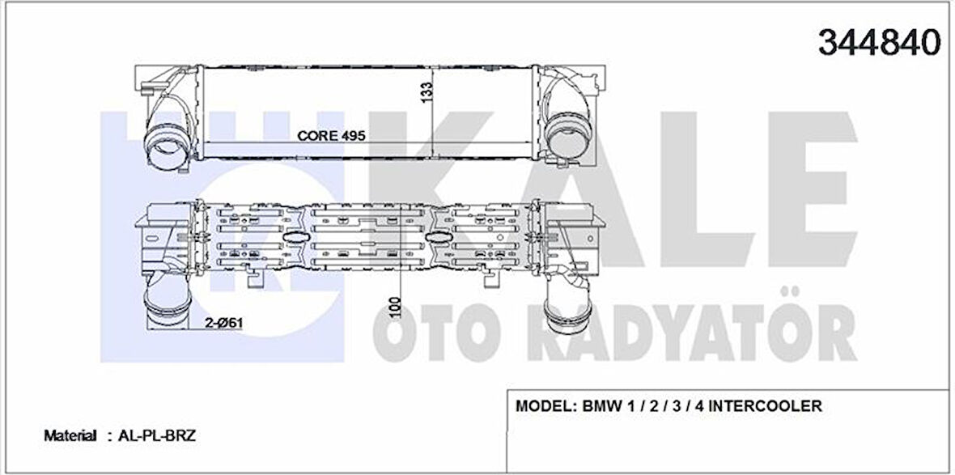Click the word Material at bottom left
[x=70, y=435]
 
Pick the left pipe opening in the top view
[x=169, y=146]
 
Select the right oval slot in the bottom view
[x=439, y=237]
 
